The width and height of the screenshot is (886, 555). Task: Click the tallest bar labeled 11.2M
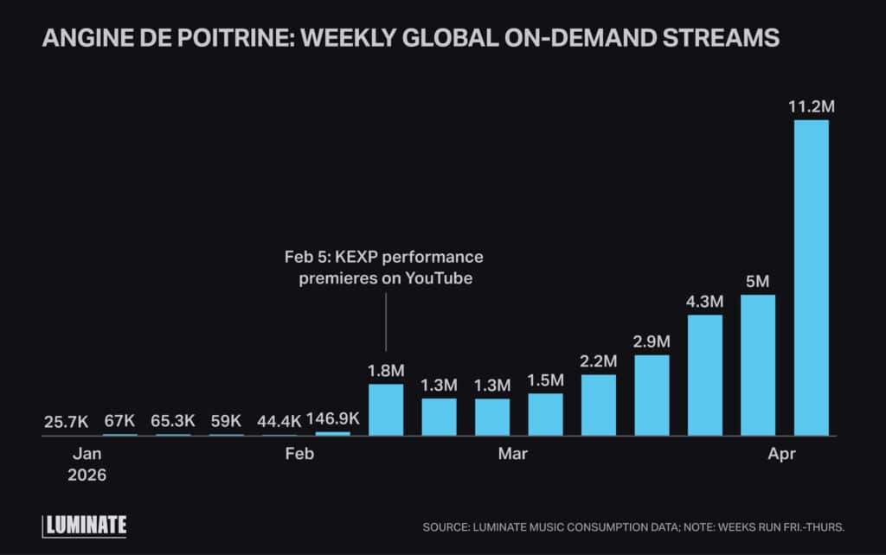(x=811, y=277)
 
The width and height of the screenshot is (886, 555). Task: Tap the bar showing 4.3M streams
(x=704, y=375)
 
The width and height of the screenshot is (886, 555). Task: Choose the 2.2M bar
(x=599, y=405)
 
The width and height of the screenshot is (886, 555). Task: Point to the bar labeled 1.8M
(x=386, y=410)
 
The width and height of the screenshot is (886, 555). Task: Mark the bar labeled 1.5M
(x=545, y=414)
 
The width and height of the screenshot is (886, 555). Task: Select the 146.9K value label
(x=331, y=421)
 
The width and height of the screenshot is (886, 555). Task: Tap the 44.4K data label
(x=278, y=421)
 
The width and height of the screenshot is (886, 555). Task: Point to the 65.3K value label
(x=172, y=421)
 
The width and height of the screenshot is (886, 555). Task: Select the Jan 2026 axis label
(x=87, y=463)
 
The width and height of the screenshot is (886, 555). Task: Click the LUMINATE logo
(x=85, y=525)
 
